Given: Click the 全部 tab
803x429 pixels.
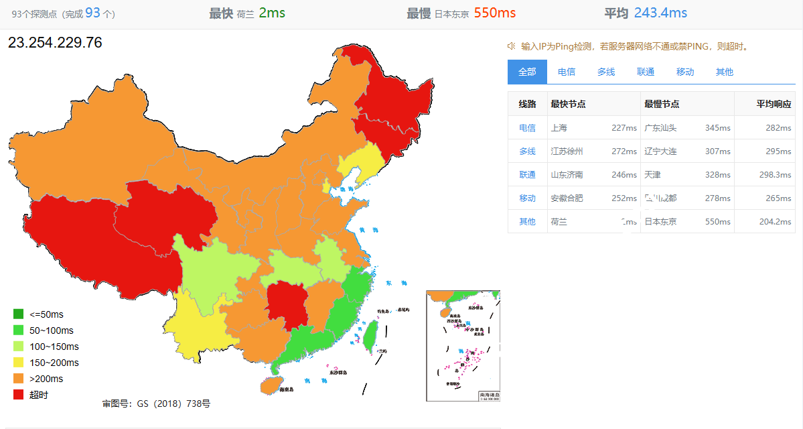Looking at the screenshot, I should click(x=527, y=72).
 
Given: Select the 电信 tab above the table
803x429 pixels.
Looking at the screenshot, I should click(x=567, y=72).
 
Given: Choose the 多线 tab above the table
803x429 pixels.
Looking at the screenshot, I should click(x=606, y=72).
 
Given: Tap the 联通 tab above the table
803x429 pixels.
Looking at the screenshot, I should click(x=646, y=72).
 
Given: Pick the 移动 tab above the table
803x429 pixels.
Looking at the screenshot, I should click(x=685, y=72).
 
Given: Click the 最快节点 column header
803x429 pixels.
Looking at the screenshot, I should click(x=569, y=104).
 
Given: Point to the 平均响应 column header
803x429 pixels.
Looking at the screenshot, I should click(x=774, y=104).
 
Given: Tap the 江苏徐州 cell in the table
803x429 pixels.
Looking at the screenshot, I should click(x=567, y=151).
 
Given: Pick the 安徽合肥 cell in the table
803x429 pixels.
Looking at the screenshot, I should click(x=567, y=198).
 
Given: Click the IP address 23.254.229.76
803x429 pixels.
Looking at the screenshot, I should click(x=55, y=43).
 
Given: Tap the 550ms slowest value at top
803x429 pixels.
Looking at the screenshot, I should click(x=494, y=13).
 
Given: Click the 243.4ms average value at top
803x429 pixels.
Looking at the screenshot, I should click(x=660, y=13).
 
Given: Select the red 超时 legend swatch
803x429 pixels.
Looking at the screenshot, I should click(x=19, y=395).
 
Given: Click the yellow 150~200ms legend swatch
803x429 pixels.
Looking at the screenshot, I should click(x=19, y=363).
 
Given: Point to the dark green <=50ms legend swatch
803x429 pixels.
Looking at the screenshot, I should click(x=19, y=314).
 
